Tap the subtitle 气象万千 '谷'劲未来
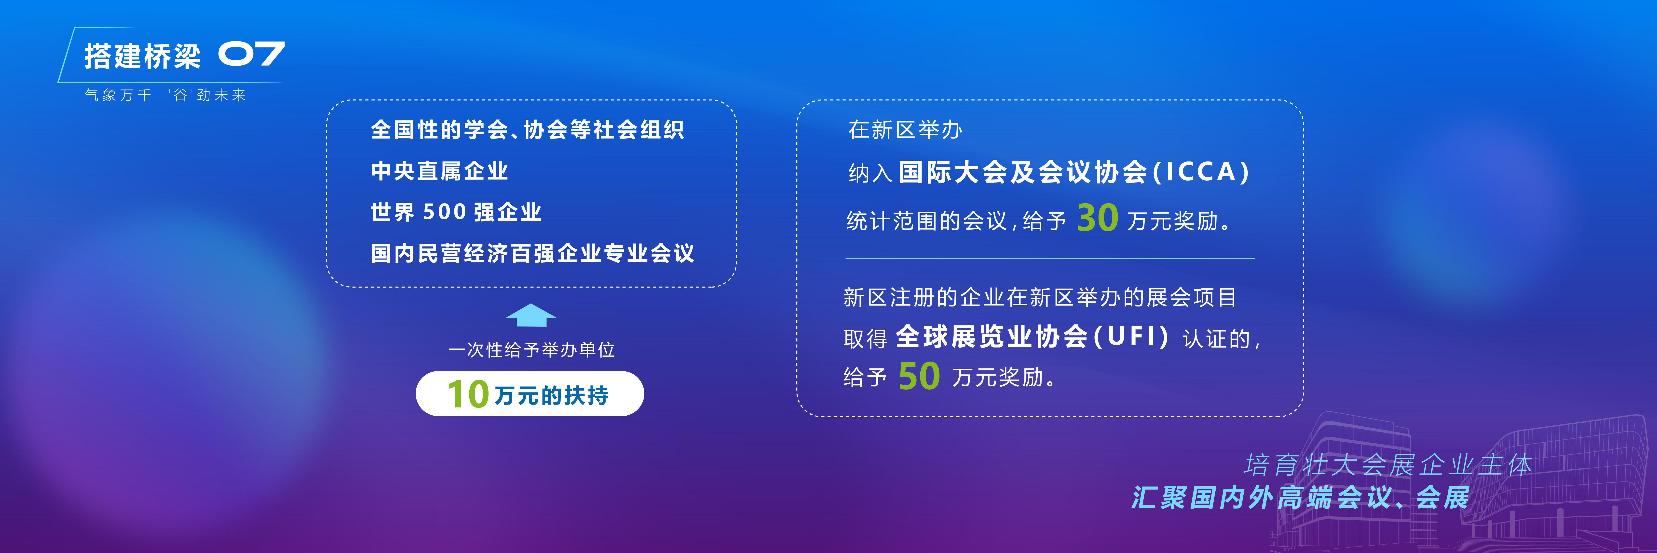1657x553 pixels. (165, 95)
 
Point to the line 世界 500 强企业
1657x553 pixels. (456, 212)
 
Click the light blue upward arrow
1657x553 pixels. (531, 315)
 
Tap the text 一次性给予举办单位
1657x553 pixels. (531, 349)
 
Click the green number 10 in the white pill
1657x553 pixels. (468, 394)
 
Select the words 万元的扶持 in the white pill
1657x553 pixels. (551, 395)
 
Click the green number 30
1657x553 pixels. (1097, 218)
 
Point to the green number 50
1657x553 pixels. (919, 376)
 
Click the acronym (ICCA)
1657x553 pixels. (1200, 172)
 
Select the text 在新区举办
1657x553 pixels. (905, 130)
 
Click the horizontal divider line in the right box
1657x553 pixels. (1050, 258)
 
